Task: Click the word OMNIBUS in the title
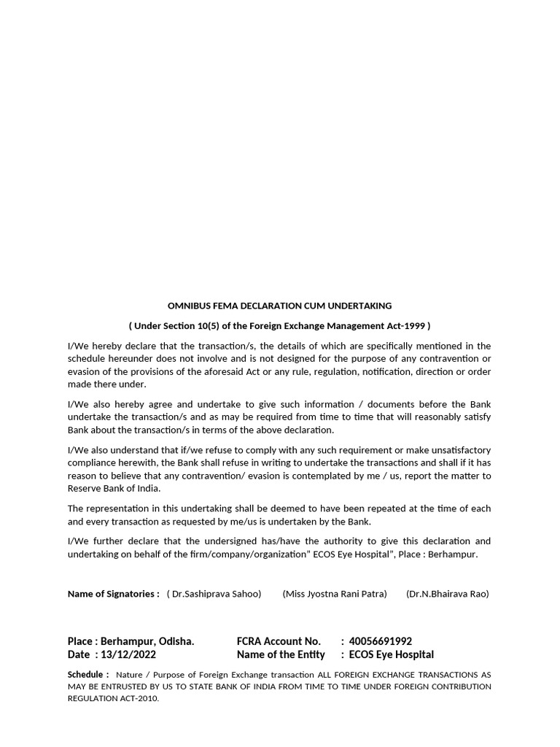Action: (187, 306)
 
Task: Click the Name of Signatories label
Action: (113, 593)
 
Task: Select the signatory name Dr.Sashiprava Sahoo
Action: (216, 593)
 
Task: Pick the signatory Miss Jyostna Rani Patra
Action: (335, 593)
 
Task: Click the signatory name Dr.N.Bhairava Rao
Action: (448, 593)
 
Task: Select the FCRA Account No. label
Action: (279, 641)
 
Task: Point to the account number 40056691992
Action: (381, 641)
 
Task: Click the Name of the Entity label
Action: (281, 654)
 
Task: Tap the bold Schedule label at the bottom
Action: (88, 674)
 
